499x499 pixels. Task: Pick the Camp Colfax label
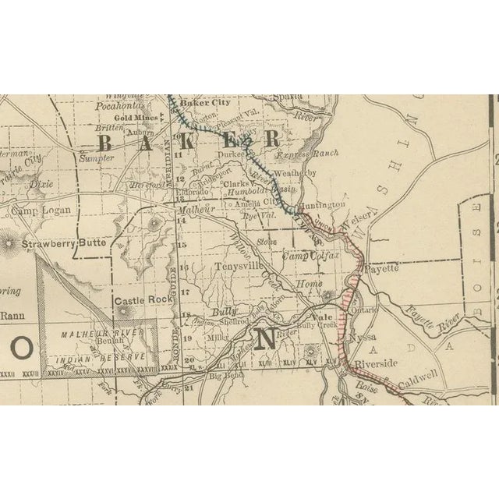tap(307, 256)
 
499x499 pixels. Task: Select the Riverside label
tap(376, 363)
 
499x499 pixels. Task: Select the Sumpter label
tap(97, 157)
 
